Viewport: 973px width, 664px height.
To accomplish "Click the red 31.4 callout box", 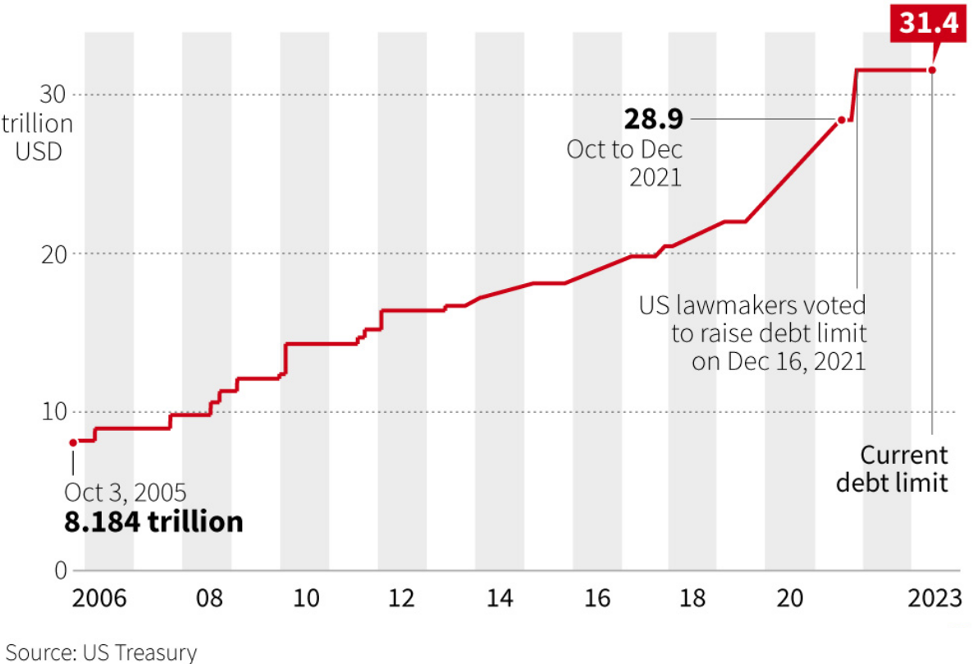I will pyautogui.click(x=929, y=24).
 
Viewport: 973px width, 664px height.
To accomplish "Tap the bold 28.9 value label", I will pyautogui.click(x=653, y=120).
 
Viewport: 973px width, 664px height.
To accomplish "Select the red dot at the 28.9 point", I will pyautogui.click(x=841, y=121).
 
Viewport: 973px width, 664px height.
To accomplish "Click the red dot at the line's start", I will pyautogui.click(x=73, y=442).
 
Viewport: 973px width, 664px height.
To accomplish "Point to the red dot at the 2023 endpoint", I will pyautogui.click(x=932, y=70).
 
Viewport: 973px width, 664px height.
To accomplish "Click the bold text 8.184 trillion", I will pyautogui.click(x=153, y=522).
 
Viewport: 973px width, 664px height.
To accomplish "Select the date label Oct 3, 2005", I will pyautogui.click(x=126, y=492).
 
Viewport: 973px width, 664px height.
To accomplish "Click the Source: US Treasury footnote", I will pyautogui.click(x=102, y=653).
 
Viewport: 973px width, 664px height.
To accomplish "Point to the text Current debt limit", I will pyautogui.click(x=892, y=469).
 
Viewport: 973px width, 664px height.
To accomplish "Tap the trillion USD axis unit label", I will pyautogui.click(x=37, y=138).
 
